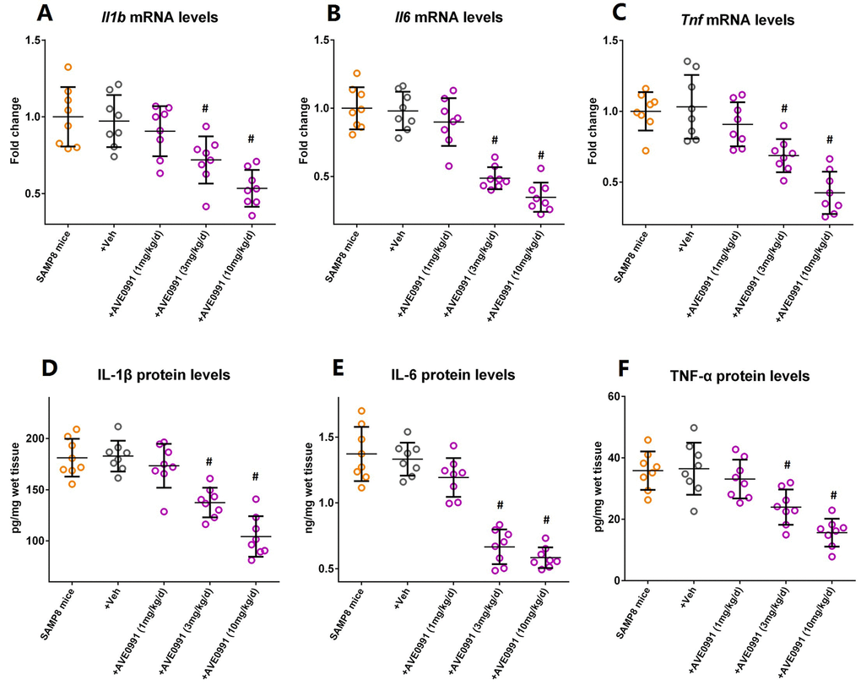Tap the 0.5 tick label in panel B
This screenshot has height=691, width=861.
pyautogui.click(x=324, y=177)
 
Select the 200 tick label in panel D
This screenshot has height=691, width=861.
pyautogui.click(x=37, y=438)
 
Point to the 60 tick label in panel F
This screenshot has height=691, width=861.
pyautogui.click(x=616, y=397)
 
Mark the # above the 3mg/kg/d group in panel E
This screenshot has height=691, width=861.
pyautogui.click(x=501, y=505)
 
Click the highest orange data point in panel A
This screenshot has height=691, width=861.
pyautogui.click(x=68, y=67)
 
